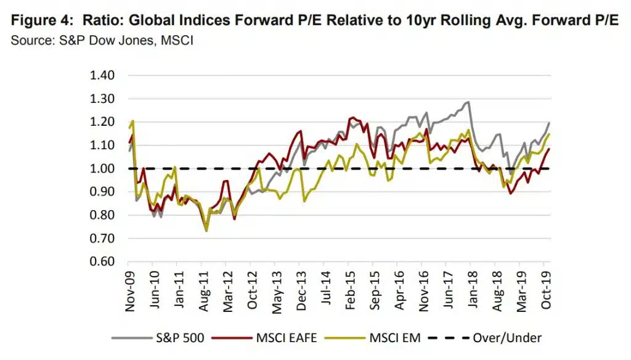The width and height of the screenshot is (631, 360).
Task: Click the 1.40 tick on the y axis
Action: point(103,75)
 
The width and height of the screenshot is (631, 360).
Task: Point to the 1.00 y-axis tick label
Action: point(103,168)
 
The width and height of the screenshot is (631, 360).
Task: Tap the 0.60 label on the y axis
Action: point(103,261)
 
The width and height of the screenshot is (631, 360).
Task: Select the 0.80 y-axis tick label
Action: point(103,215)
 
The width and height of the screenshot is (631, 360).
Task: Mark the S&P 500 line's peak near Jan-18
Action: point(468,102)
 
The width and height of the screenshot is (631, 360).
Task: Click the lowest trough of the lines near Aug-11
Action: point(206,231)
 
